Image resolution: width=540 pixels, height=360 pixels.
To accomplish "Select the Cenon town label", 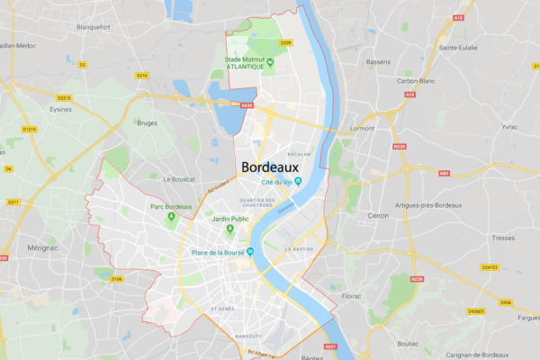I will click(377, 216).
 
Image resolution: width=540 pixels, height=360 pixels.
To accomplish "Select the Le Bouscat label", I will click(179, 179).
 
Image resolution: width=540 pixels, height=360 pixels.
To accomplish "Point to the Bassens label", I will click(378, 62).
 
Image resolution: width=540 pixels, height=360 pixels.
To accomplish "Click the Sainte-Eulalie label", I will click(457, 47).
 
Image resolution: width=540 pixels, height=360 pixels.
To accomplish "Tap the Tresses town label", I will click(503, 238).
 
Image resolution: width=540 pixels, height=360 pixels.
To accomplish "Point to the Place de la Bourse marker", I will click(251, 252).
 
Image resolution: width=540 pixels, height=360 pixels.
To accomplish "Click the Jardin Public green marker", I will click(229, 229).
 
